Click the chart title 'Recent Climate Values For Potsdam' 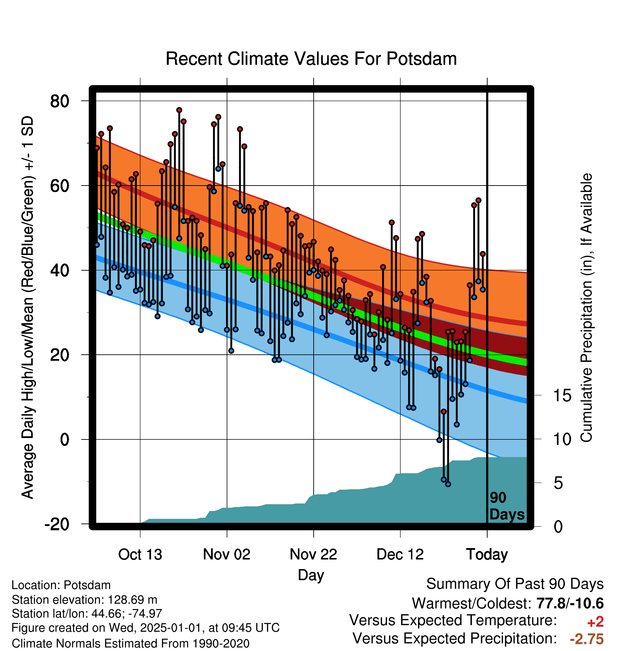pos(311,59)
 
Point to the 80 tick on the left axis pos(60,101)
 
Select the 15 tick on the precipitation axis pos(562,395)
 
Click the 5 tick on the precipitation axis pos(558,483)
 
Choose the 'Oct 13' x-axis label pos(140,554)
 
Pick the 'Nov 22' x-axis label pos(313,554)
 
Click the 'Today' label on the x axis pos(487,554)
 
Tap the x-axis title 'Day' pos(311,575)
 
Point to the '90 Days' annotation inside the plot pos(507,506)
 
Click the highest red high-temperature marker pos(179,110)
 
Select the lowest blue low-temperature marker pos(448,484)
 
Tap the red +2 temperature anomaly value pos(595,622)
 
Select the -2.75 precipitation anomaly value pos(587,639)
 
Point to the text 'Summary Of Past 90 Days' pos(515,584)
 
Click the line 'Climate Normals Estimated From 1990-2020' pos(130,644)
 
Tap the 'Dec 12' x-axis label pos(400,554)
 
